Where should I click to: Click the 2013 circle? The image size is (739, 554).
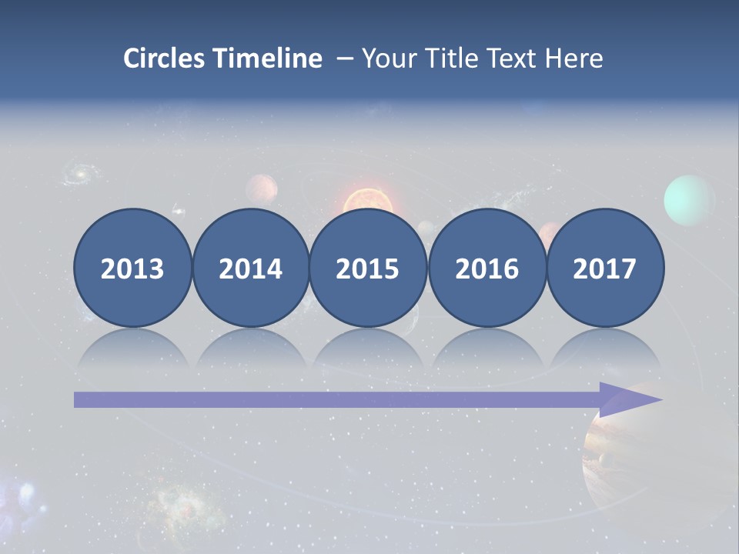(132, 268)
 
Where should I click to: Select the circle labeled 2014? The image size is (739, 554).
(250, 268)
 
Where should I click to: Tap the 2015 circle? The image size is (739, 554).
(368, 268)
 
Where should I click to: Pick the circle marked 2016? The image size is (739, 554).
(487, 268)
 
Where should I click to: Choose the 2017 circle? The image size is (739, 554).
(605, 268)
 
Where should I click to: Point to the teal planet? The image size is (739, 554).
(689, 200)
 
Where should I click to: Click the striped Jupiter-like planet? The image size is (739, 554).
(616, 454)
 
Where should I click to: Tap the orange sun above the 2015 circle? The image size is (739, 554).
(368, 201)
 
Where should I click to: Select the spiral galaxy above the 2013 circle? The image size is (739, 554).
(78, 173)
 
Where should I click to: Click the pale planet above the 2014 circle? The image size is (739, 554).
(262, 189)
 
